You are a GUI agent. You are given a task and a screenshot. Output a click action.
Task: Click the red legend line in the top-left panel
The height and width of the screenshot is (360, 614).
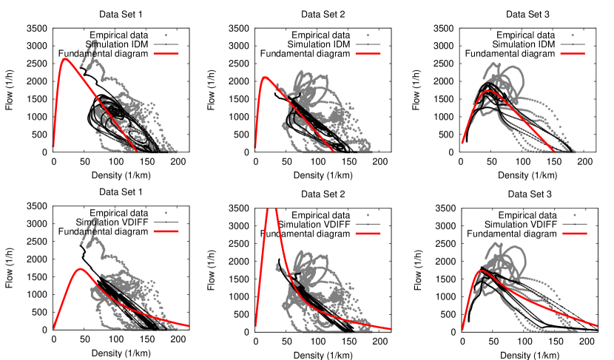(x=166, y=54)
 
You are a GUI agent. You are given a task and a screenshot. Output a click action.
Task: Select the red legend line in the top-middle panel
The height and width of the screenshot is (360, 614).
(x=368, y=54)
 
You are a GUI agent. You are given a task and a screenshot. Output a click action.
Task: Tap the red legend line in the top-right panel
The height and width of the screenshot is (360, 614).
(x=573, y=54)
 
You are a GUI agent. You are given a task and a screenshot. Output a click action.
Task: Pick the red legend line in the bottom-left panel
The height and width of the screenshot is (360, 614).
(x=166, y=231)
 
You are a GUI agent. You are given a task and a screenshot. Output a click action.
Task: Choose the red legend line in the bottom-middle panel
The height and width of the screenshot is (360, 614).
(x=368, y=234)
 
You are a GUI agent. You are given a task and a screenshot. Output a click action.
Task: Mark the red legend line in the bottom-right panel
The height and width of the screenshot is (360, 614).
(x=574, y=234)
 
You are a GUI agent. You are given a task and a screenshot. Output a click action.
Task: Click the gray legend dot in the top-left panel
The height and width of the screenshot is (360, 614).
(x=166, y=35)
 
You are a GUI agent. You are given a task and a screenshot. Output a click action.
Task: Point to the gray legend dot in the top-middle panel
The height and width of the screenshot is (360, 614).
(x=368, y=35)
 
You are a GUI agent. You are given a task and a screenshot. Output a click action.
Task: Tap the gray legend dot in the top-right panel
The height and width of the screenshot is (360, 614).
(x=573, y=35)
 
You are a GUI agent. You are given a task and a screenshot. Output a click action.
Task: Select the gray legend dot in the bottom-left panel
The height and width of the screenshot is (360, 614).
(x=166, y=213)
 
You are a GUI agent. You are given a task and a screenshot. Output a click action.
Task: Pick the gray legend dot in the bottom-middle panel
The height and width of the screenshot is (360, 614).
(x=368, y=215)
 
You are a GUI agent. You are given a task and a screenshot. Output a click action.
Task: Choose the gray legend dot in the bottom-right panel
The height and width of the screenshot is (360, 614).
(x=574, y=215)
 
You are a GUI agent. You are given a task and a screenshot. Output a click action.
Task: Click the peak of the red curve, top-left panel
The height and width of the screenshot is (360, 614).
(x=65, y=59)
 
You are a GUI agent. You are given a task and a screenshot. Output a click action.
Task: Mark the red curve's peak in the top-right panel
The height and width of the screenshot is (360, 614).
(x=488, y=92)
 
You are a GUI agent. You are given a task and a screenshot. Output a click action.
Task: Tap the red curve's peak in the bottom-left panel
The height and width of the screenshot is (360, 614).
(x=81, y=268)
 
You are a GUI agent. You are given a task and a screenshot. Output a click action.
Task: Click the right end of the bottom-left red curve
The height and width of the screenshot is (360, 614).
(x=188, y=326)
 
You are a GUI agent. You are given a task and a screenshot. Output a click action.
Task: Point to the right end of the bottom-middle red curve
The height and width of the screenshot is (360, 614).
(x=390, y=329)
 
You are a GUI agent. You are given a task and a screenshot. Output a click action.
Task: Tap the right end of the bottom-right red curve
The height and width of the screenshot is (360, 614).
(x=596, y=325)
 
